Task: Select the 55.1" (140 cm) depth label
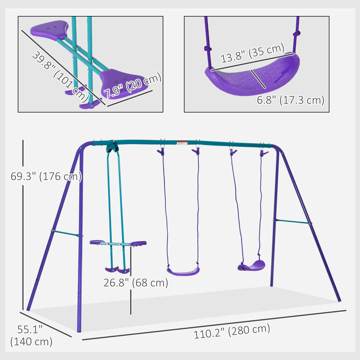click(31, 335)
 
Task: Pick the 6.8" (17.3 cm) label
click(290, 100)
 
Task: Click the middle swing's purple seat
click(183, 271)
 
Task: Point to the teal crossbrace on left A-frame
click(65, 232)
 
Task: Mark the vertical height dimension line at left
click(22, 225)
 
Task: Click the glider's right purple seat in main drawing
click(137, 243)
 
